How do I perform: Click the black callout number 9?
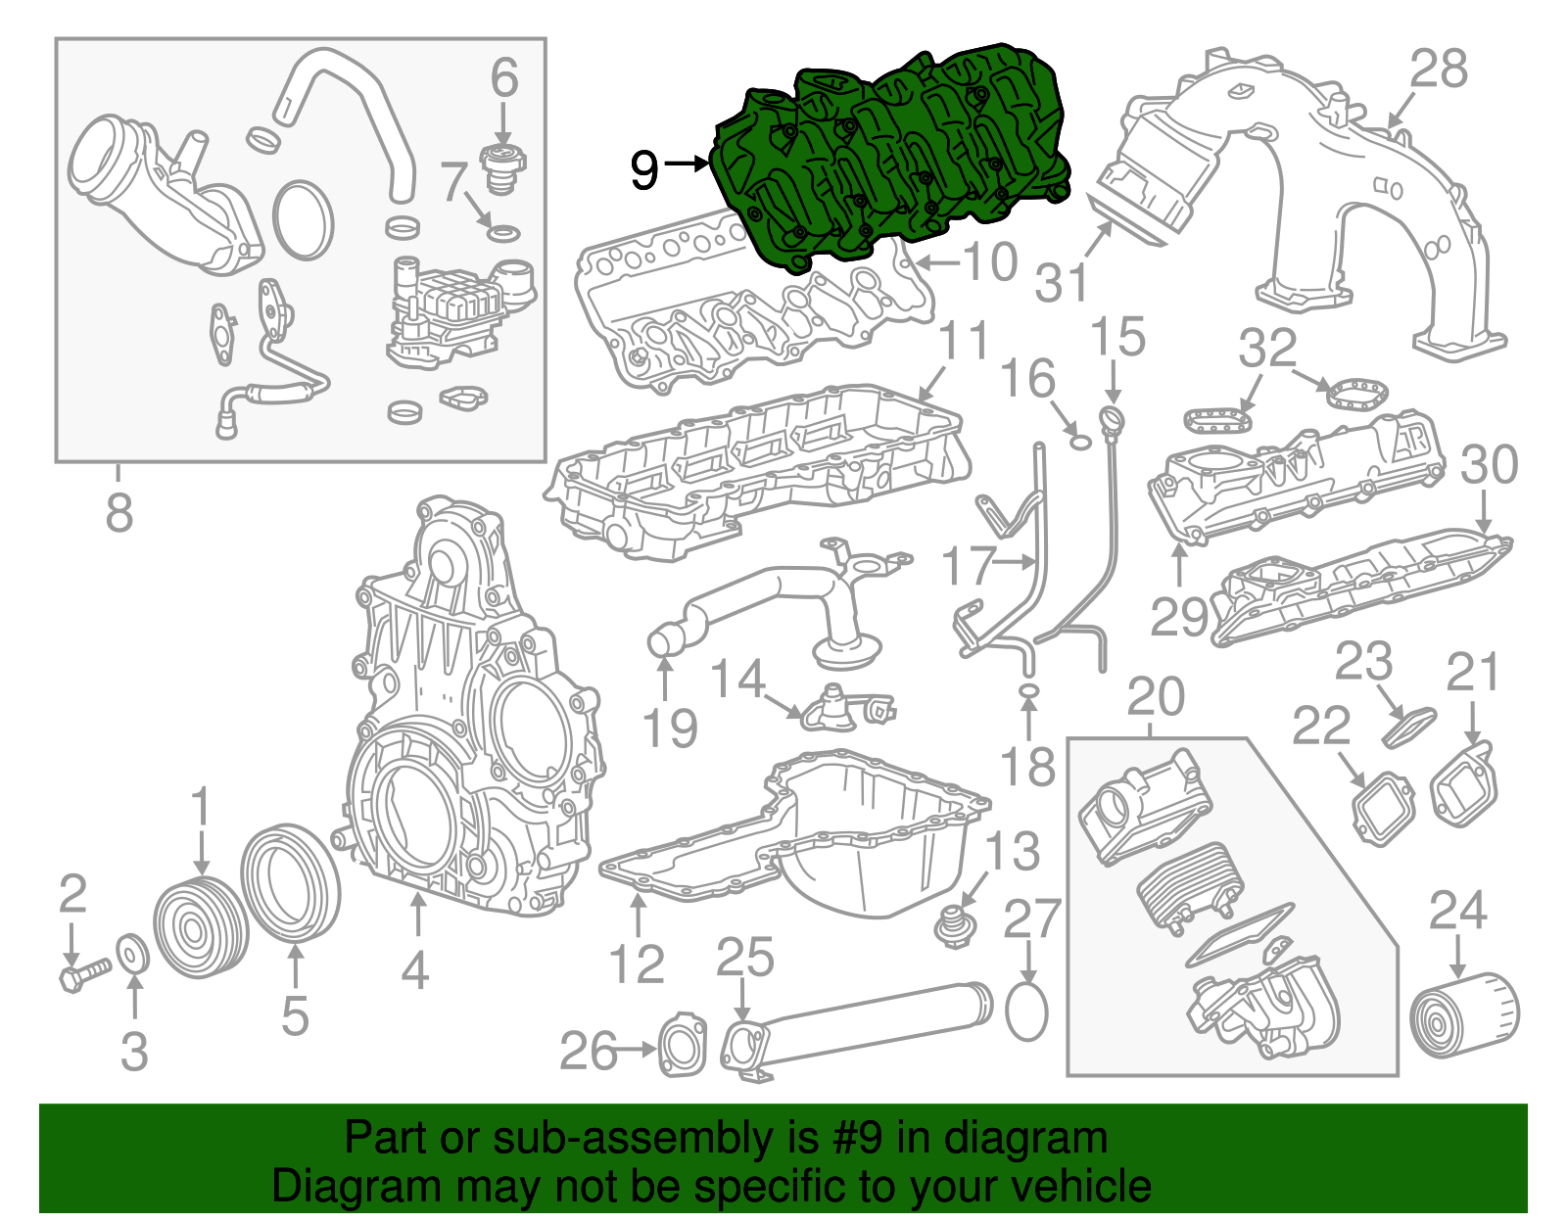point(643,169)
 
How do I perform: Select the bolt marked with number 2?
point(82,973)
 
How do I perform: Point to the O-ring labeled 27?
point(1026,1011)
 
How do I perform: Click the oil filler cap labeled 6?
point(503,167)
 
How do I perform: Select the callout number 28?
point(1439,70)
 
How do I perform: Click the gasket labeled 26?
point(681,1046)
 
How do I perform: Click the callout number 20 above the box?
point(1156,697)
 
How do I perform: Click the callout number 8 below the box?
point(119,511)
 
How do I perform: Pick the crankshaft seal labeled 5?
point(292,883)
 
